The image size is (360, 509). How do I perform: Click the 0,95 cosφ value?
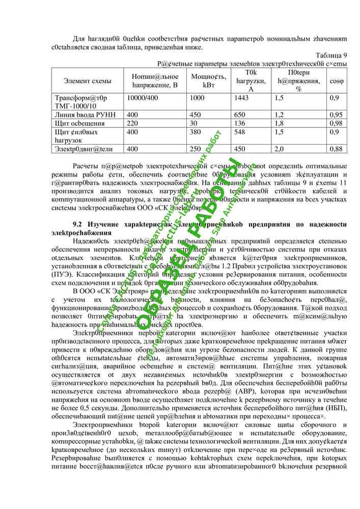pyautogui.click(x=336, y=115)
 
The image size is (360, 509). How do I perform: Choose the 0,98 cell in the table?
pyautogui.click(x=336, y=123)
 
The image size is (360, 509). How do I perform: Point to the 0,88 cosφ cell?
pyautogui.click(x=336, y=149)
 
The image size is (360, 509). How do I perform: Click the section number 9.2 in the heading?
pyautogui.click(x=78, y=224)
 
